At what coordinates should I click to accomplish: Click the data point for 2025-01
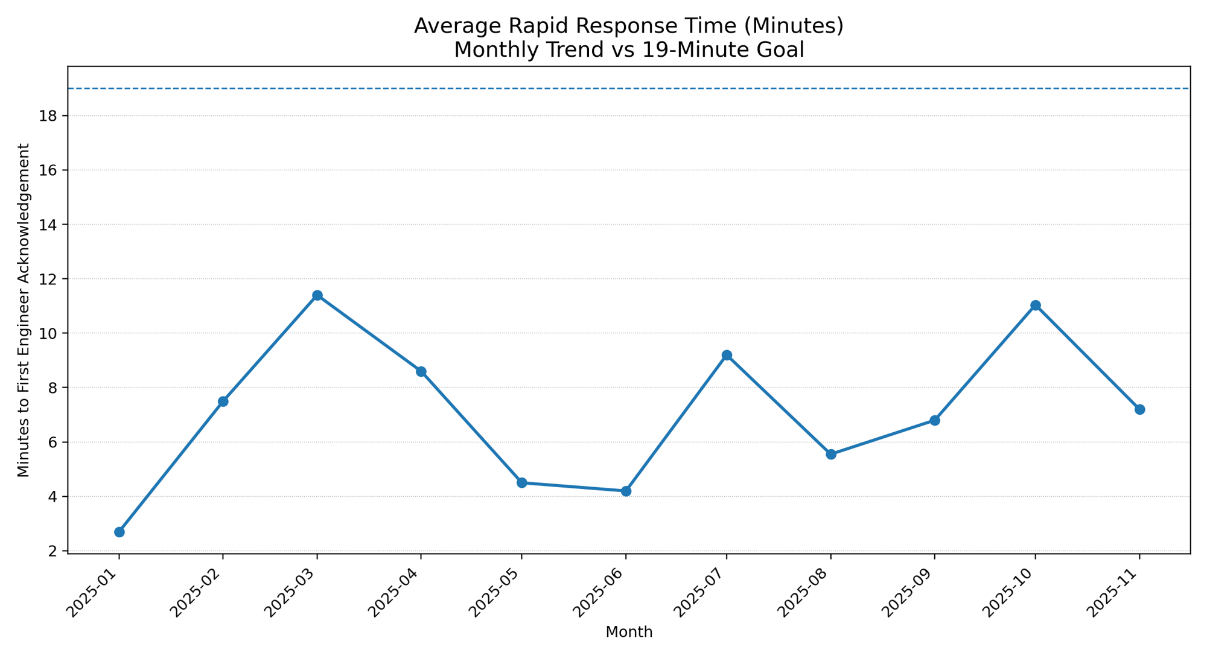(119, 532)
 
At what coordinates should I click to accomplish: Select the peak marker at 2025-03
(317, 295)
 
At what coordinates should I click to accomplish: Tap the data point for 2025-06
(626, 491)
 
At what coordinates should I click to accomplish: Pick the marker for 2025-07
(727, 355)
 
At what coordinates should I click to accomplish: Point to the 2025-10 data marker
(1036, 305)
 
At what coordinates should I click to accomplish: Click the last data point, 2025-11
(1139, 409)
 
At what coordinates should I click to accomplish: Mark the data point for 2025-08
(831, 454)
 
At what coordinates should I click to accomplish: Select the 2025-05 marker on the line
(522, 482)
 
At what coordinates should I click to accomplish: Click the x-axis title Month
(629, 632)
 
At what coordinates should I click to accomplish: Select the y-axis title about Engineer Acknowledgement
(24, 310)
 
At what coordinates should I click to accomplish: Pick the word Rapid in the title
(524, 27)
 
